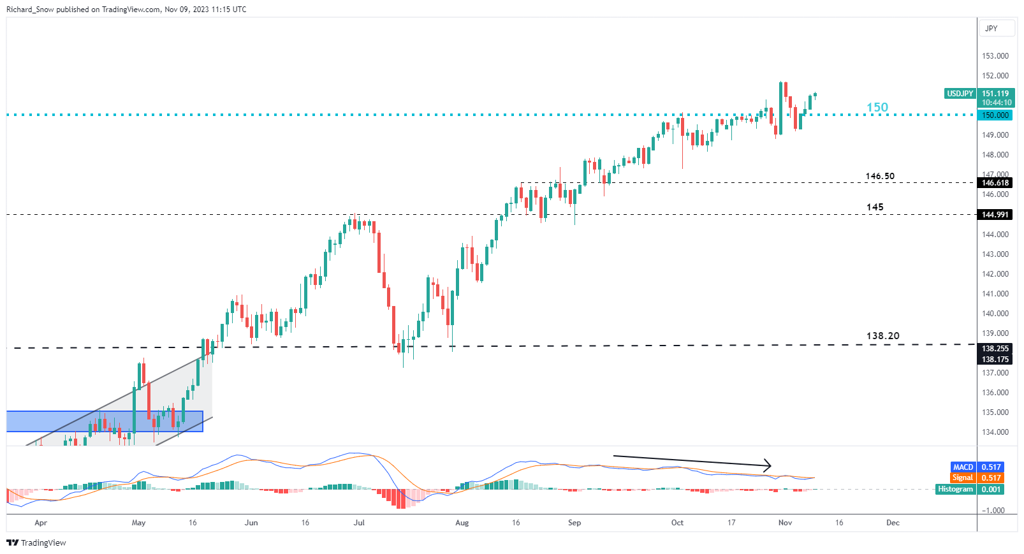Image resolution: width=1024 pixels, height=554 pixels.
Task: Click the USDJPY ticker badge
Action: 960,94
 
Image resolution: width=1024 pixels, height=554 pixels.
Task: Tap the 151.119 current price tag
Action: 995,94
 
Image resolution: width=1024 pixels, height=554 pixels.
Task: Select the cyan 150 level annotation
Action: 877,107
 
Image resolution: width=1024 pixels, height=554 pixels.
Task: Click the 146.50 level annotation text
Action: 880,176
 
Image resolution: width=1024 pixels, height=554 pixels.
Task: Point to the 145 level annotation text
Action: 875,207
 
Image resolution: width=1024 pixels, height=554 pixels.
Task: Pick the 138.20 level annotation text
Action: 882,336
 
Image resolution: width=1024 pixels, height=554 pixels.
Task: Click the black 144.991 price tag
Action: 995,215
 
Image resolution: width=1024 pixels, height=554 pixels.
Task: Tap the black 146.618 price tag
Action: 995,183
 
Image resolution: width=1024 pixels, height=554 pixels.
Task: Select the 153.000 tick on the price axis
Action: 995,56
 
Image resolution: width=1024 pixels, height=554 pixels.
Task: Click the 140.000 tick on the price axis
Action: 995,314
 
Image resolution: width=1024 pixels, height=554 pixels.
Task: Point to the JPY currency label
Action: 991,29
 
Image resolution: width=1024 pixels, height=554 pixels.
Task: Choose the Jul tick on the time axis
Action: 359,523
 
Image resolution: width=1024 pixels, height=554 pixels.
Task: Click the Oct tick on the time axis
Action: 677,523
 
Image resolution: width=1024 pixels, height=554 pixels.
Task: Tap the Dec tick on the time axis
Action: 893,523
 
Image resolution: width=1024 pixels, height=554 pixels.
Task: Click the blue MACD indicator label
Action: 963,467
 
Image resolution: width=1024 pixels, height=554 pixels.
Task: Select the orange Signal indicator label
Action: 962,478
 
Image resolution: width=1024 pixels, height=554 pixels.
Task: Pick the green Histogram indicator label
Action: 955,489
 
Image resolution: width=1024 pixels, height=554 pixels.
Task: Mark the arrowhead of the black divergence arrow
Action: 769,465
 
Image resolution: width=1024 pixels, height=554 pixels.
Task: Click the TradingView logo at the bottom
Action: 36,543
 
